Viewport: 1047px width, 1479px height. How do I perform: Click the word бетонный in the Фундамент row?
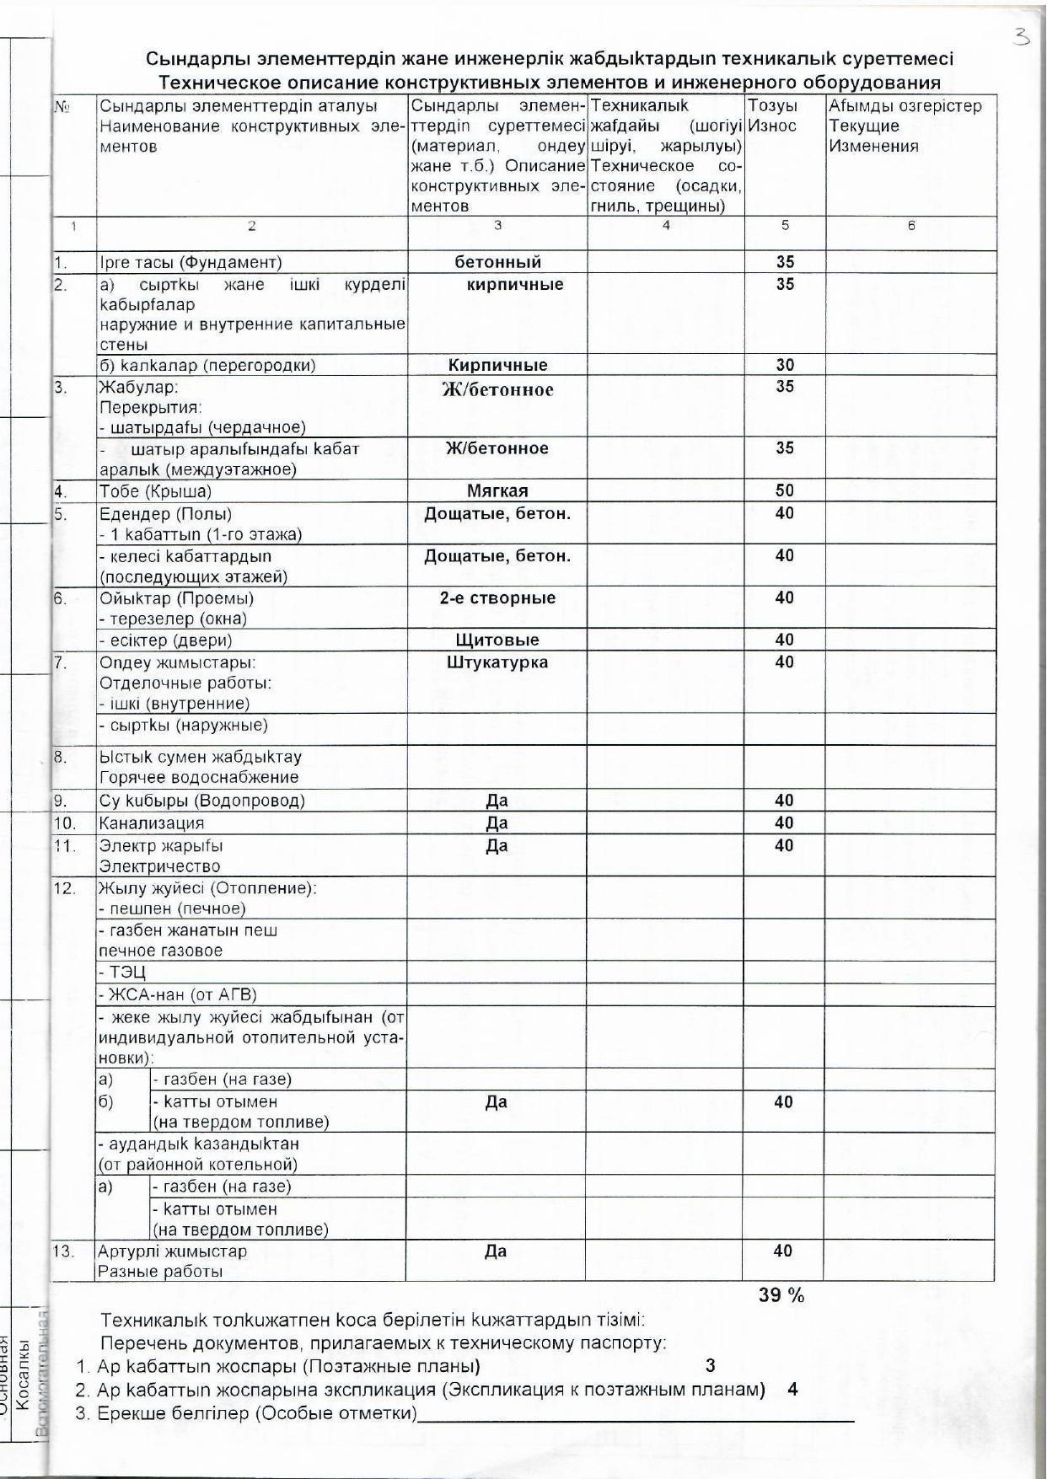(497, 262)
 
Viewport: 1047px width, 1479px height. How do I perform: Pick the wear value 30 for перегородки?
(785, 365)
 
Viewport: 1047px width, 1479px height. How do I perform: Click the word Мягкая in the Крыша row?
(497, 490)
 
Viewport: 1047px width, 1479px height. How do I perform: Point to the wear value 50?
(785, 490)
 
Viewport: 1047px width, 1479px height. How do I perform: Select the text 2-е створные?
(497, 597)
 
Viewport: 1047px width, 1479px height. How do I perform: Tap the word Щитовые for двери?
(497, 640)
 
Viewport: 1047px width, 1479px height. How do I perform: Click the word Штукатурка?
(497, 662)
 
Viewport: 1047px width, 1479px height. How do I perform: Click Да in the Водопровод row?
(497, 800)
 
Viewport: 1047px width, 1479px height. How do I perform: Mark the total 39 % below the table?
(781, 1295)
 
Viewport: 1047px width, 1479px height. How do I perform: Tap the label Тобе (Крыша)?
(155, 491)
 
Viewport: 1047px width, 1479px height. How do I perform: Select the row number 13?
(64, 1251)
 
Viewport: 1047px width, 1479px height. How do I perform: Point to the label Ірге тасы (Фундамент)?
(191, 263)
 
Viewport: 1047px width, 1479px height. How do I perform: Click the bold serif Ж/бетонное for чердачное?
(497, 389)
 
